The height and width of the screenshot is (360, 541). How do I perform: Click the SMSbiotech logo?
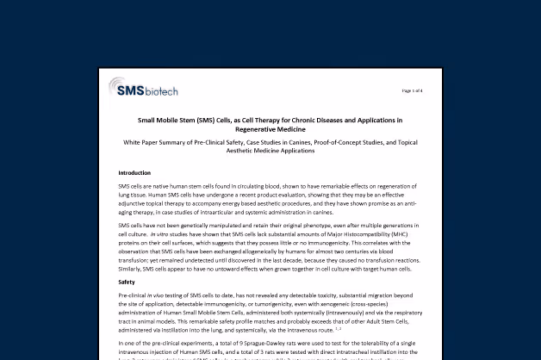click(144, 88)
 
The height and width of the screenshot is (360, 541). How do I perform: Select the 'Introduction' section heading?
click(134, 173)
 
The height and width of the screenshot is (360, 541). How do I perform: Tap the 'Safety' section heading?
click(127, 282)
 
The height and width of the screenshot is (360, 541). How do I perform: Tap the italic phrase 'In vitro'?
click(160, 233)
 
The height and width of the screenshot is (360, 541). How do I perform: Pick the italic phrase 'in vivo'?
click(163, 295)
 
